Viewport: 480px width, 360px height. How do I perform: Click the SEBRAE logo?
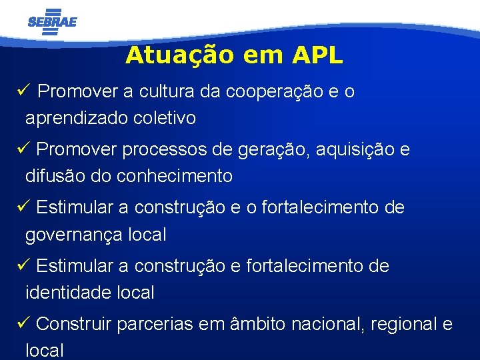click(x=53, y=21)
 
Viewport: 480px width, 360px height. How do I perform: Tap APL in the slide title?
click(x=317, y=55)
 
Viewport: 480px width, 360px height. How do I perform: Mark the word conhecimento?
click(x=175, y=176)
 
